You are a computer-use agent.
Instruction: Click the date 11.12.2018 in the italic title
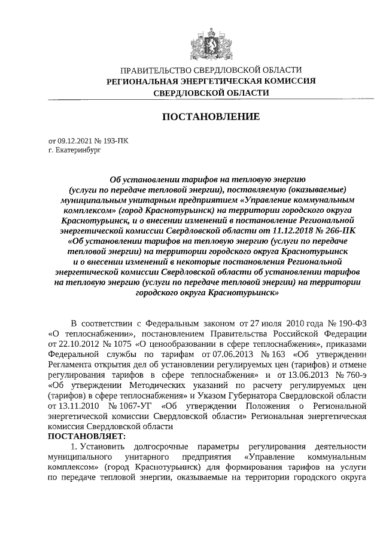click(294, 228)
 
